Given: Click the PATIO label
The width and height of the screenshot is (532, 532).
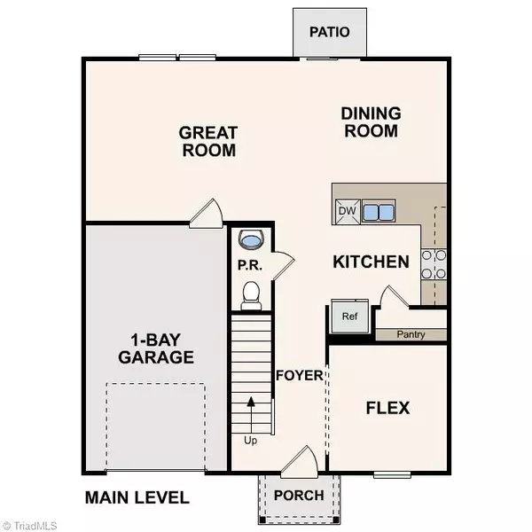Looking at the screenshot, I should click(329, 32).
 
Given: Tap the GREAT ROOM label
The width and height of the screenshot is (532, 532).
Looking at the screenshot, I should click(208, 142).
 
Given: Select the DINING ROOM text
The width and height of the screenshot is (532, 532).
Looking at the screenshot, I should click(372, 122).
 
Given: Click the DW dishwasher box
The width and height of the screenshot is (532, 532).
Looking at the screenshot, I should click(346, 212).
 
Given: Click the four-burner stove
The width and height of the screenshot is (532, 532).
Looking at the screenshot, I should click(434, 262).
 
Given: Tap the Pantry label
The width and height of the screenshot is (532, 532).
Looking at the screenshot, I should click(411, 334).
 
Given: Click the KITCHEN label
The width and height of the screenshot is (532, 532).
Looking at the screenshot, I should click(371, 262).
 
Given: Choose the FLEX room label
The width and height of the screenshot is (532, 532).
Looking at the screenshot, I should click(388, 408).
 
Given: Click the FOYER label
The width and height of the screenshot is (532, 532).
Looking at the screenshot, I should click(299, 375).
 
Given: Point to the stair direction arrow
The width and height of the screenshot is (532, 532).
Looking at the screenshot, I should click(252, 412).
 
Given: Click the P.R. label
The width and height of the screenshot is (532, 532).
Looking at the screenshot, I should click(247, 264).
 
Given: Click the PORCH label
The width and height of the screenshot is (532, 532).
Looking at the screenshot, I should click(297, 495).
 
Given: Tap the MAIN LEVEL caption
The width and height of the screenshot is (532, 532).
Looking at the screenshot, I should click(137, 497).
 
